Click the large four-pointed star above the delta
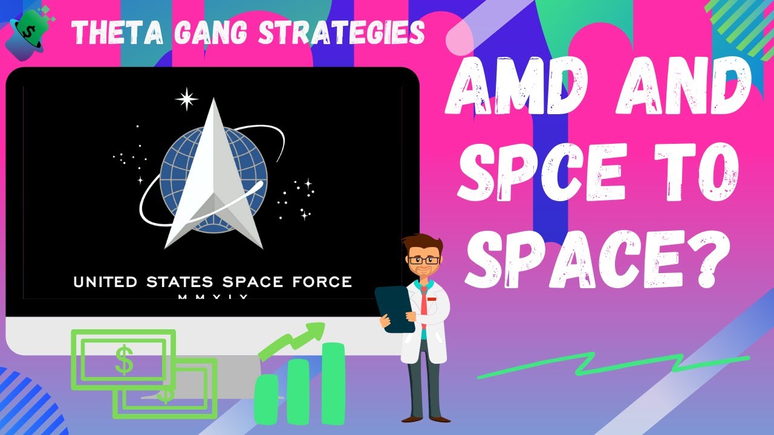[187, 98]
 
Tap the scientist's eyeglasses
[423, 259]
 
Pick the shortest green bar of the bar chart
[266, 399]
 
